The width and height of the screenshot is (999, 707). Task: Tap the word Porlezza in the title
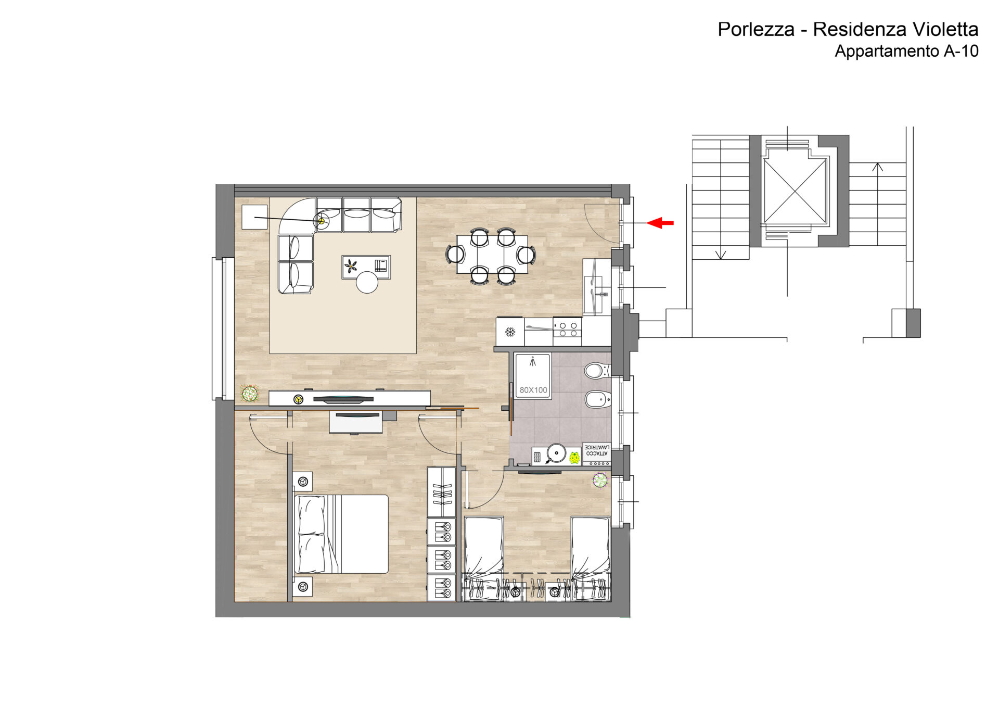pyautogui.click(x=756, y=29)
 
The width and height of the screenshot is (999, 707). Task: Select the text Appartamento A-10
pyautogui.click(x=906, y=51)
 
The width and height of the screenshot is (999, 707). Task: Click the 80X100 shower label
pyautogui.click(x=533, y=390)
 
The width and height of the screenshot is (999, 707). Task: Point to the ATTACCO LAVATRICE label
pyautogui.click(x=597, y=450)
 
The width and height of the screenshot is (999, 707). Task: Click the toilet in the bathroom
pyautogui.click(x=596, y=371)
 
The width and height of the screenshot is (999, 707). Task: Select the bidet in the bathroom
pyautogui.click(x=597, y=400)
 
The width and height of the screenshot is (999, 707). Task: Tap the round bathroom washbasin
pyautogui.click(x=556, y=453)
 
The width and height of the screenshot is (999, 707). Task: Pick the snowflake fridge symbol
pyautogui.click(x=510, y=332)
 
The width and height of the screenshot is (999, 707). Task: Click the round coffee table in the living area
pyautogui.click(x=367, y=282)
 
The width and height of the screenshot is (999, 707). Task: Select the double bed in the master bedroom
pyautogui.click(x=341, y=534)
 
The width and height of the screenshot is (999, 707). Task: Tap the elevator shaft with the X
pyautogui.click(x=795, y=191)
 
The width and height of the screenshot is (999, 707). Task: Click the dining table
pyautogui.click(x=492, y=254)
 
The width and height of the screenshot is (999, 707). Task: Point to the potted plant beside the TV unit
pyautogui.click(x=250, y=394)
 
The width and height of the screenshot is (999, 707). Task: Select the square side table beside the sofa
pyautogui.click(x=255, y=217)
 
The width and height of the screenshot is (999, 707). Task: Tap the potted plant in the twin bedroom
pyautogui.click(x=600, y=480)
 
